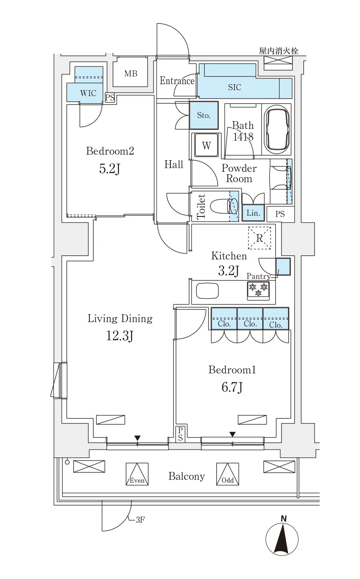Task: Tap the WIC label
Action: click(x=88, y=93)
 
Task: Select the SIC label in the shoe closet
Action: click(x=234, y=87)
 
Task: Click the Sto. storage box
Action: click(x=204, y=115)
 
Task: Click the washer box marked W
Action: click(x=206, y=145)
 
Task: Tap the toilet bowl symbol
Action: click(x=224, y=206)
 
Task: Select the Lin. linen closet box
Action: click(x=253, y=213)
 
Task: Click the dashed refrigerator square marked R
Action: click(x=260, y=238)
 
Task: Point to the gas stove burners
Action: click(x=258, y=290)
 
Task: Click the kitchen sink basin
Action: click(x=207, y=291)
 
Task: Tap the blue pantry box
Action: click(x=283, y=267)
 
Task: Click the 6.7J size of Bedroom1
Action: click(x=232, y=387)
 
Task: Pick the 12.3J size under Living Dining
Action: click(x=120, y=336)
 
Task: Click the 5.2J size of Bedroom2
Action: click(x=110, y=169)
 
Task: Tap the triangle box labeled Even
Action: click(x=137, y=474)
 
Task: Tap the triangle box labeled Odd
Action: click(x=228, y=474)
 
